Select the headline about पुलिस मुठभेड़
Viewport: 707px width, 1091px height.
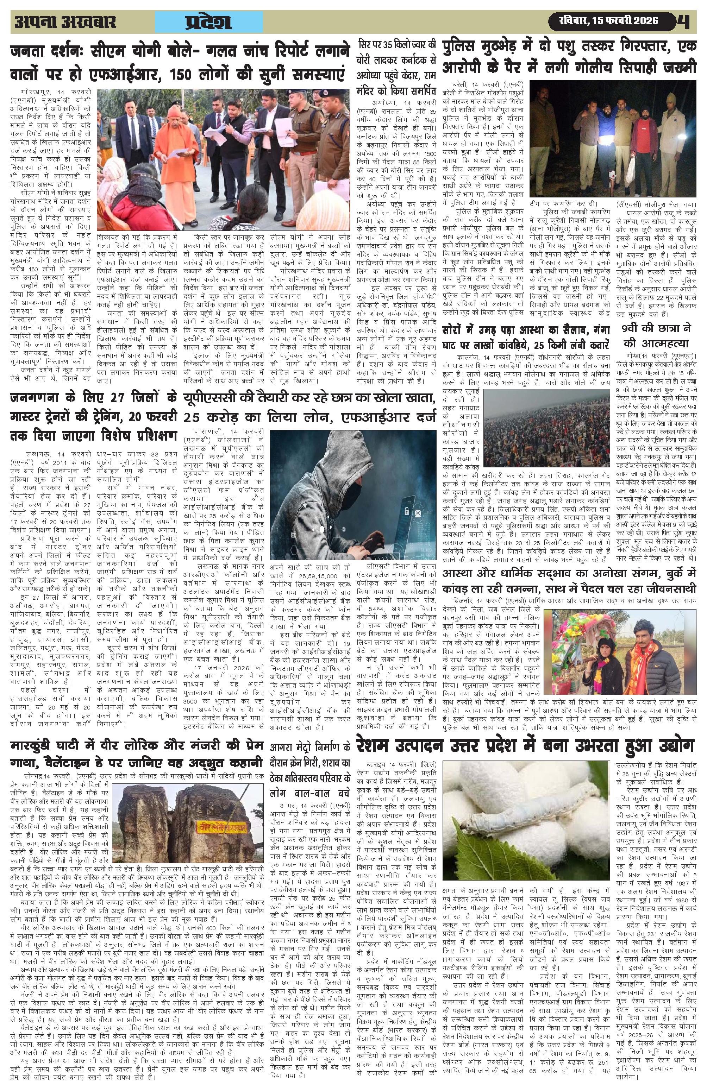pos(569,56)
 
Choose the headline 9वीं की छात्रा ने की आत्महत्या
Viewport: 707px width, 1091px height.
pos(656,336)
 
